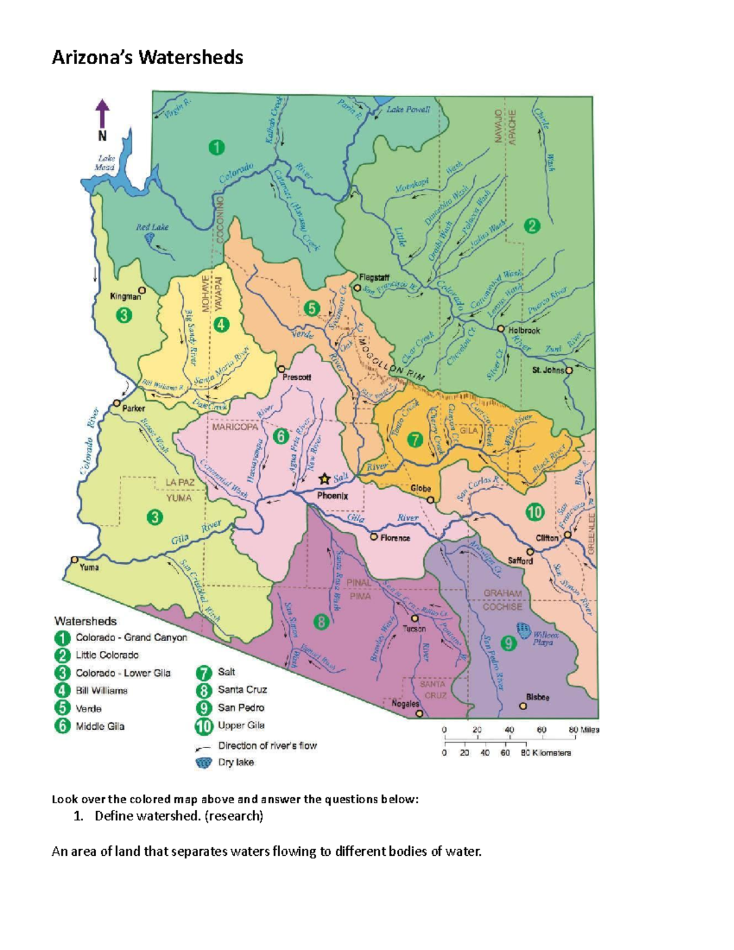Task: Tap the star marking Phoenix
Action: point(325,478)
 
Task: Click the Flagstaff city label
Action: point(374,278)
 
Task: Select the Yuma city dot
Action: point(75,559)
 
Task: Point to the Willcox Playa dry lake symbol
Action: point(524,630)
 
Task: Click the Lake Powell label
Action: point(408,110)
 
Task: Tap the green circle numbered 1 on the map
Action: point(216,147)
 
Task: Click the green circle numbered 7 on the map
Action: point(415,439)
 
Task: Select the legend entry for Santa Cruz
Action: point(242,689)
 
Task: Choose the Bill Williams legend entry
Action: point(101,691)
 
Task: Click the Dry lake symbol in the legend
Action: point(203,763)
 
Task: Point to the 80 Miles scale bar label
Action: point(584,730)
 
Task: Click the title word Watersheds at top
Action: point(190,58)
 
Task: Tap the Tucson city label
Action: point(414,628)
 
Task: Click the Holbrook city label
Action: point(524,330)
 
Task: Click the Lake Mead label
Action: point(105,163)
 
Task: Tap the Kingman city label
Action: point(125,297)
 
